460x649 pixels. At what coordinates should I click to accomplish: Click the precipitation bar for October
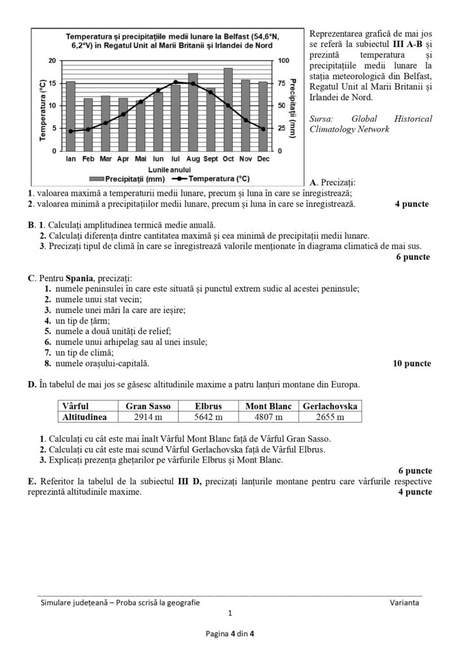[x=228, y=109]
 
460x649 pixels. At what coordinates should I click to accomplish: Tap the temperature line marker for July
[x=176, y=82]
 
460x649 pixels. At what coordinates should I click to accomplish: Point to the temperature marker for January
[x=71, y=131]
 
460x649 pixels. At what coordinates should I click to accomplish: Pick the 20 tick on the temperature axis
[x=53, y=60]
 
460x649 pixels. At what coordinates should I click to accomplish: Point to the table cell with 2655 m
[x=330, y=417]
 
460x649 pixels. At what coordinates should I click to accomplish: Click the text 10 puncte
[x=408, y=364]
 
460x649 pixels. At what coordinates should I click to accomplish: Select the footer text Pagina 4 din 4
[x=230, y=633]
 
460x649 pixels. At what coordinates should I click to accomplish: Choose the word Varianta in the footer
[x=404, y=602]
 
